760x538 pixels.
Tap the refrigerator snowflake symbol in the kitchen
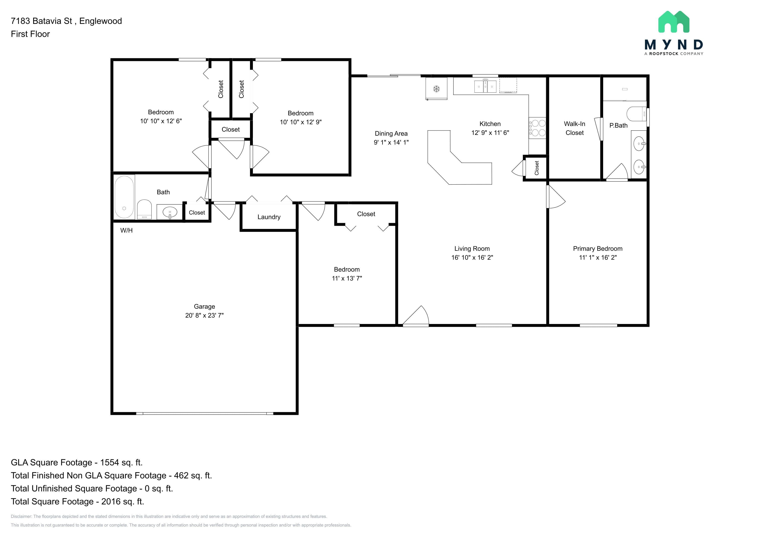(437, 88)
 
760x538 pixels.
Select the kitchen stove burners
(537, 128)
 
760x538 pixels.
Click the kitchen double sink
(485, 87)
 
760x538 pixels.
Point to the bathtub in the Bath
(124, 197)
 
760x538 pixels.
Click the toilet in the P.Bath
(637, 114)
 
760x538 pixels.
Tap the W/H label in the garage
(127, 230)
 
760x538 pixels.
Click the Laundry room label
(269, 217)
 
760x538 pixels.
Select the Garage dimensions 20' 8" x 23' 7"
(204, 315)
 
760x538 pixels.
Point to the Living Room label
(472, 249)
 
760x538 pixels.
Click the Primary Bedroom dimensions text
(598, 257)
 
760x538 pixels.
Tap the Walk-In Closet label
(575, 128)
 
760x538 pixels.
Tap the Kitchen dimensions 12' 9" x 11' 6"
(490, 132)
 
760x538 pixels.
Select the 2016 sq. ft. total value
(123, 502)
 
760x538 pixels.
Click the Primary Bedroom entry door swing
(556, 197)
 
